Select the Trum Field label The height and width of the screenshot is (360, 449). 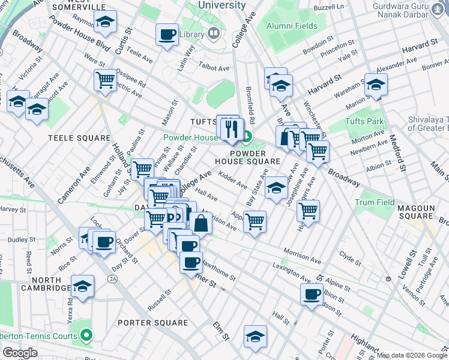coord(375,203)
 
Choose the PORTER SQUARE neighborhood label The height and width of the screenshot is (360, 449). coord(152,323)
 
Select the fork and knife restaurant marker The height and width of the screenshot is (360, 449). coord(232,128)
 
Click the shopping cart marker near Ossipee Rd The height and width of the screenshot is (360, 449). coord(105,79)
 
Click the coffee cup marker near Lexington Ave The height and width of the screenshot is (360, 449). coord(312,294)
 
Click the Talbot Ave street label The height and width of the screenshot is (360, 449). coord(215,68)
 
